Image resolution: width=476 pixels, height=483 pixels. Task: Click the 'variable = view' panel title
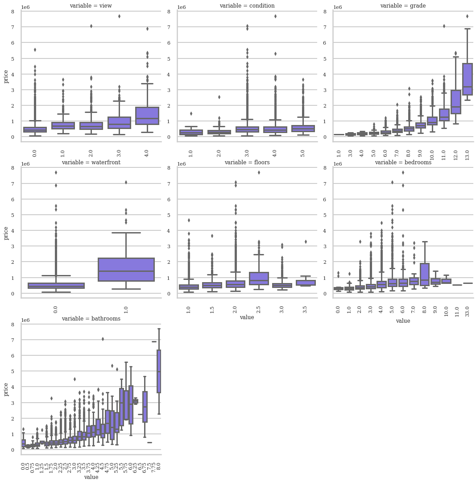[x=91, y=6]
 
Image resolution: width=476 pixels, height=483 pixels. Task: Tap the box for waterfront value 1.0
[x=126, y=269]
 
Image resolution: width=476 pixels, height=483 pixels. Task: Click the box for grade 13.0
[x=467, y=79]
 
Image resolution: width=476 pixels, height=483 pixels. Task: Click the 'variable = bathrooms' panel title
[x=91, y=319]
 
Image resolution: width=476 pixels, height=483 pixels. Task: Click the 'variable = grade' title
[x=403, y=6]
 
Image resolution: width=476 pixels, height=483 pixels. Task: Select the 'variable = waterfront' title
[x=91, y=162]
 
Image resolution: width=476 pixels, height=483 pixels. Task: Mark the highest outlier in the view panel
[x=119, y=16]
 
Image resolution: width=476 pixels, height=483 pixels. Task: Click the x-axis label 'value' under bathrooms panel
[x=91, y=477]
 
